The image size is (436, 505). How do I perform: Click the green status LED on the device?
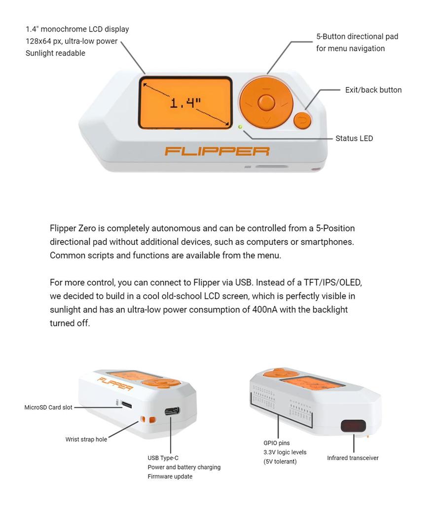(x=240, y=127)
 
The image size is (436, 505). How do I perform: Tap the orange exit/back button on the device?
(x=302, y=120)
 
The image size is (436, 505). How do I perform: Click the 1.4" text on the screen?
(x=185, y=103)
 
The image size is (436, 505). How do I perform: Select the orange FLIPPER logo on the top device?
(x=217, y=151)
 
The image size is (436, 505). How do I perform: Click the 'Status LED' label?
(x=354, y=139)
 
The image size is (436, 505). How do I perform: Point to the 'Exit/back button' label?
(x=373, y=90)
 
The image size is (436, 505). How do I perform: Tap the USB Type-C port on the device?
(x=172, y=411)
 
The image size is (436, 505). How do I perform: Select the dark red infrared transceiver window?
(x=353, y=426)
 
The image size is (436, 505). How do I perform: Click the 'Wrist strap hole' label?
(x=86, y=439)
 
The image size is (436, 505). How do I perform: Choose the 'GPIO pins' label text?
(x=277, y=443)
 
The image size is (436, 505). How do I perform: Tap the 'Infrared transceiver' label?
(x=353, y=458)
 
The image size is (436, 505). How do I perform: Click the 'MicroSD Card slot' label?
(x=48, y=407)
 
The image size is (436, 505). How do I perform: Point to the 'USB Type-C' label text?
(x=163, y=458)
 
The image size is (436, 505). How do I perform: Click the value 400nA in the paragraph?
(x=265, y=310)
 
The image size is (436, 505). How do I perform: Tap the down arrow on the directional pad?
(x=266, y=120)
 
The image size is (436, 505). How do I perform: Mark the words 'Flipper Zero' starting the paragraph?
(x=73, y=228)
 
